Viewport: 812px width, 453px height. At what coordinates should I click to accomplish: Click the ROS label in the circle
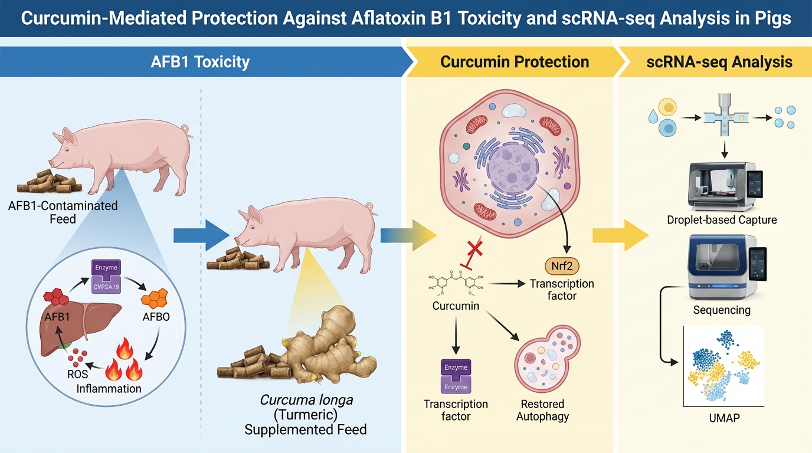click(x=78, y=374)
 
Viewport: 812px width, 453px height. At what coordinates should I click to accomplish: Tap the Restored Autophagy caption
click(x=542, y=411)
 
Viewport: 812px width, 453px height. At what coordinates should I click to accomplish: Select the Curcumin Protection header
click(x=515, y=62)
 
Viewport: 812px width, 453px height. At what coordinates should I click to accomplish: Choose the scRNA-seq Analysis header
click(x=718, y=62)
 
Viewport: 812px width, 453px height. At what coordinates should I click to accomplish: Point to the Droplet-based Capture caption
click(x=721, y=220)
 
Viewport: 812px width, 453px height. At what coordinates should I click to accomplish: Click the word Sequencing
click(x=721, y=310)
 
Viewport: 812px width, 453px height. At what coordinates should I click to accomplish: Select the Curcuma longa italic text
click(x=306, y=399)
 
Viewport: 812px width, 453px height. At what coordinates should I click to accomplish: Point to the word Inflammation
click(x=109, y=389)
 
